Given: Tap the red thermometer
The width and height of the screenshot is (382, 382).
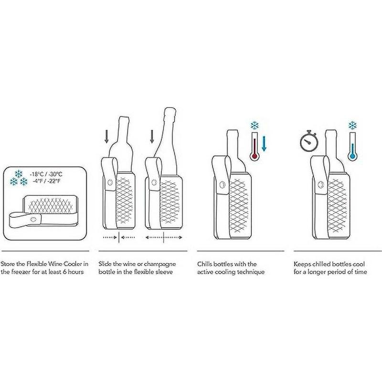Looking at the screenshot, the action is click(x=255, y=146).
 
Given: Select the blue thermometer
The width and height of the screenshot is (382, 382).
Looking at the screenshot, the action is click(x=352, y=146).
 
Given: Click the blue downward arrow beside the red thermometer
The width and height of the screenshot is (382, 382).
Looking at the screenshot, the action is click(x=264, y=144).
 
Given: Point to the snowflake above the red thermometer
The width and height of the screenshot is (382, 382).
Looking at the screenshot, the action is click(x=255, y=126).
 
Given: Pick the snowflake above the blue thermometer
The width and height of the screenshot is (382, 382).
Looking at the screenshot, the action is click(x=352, y=126).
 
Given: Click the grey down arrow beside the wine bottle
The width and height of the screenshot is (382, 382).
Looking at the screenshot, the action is click(x=106, y=137).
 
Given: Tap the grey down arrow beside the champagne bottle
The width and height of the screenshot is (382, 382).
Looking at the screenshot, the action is click(x=152, y=137).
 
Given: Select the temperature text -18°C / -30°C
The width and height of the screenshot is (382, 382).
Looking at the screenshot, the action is click(x=46, y=174).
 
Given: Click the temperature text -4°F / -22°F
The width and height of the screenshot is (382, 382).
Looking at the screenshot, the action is click(x=46, y=181).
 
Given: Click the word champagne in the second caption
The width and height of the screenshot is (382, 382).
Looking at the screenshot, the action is click(x=159, y=265).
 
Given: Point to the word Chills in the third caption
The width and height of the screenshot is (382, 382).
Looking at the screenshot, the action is click(x=204, y=264).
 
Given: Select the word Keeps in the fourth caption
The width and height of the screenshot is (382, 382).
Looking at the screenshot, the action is click(x=302, y=265).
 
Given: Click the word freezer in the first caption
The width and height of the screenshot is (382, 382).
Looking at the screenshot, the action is click(x=19, y=272).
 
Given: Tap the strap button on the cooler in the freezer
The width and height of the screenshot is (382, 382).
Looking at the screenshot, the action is click(x=33, y=219).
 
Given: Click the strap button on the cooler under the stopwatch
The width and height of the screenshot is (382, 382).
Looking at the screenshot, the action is click(x=321, y=184).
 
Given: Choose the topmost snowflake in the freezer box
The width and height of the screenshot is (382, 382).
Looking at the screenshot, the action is click(x=19, y=174).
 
